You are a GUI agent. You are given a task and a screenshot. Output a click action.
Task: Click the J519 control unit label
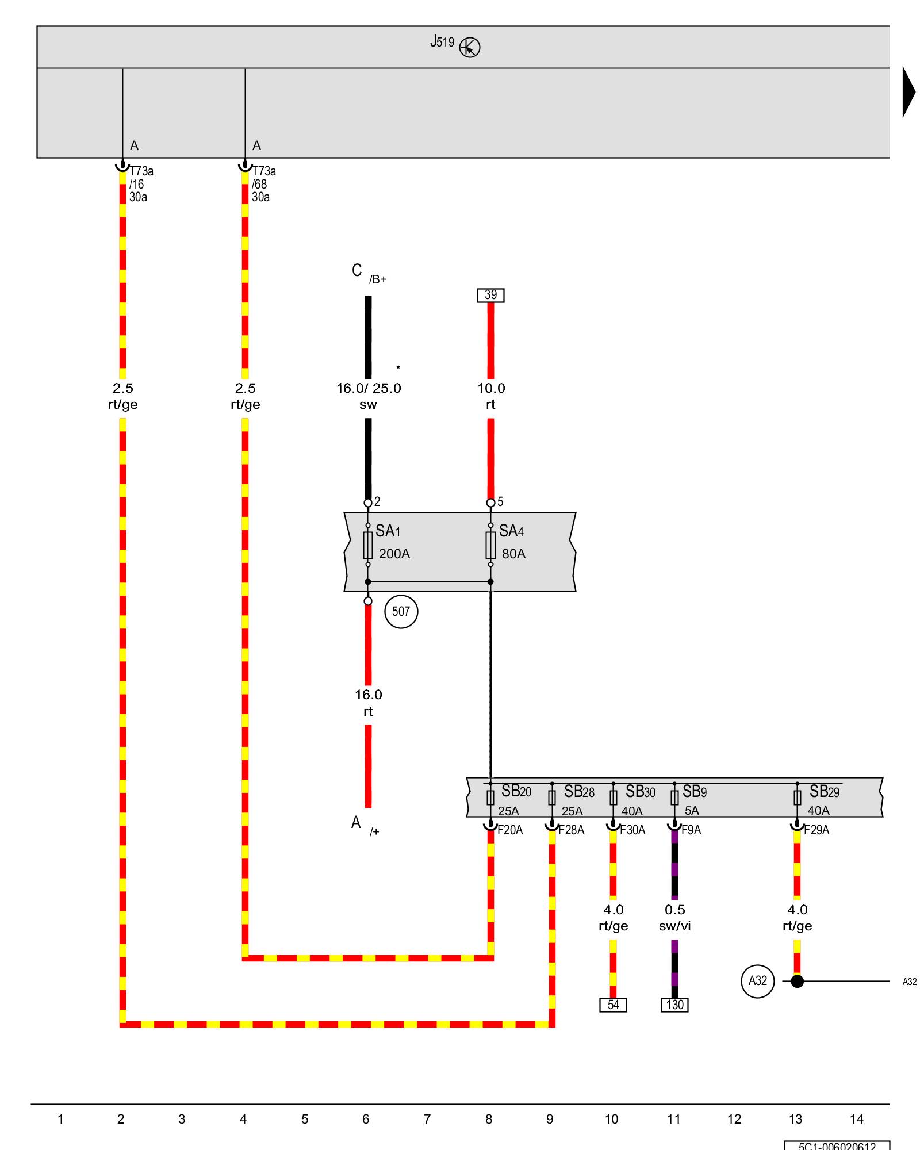coord(442,42)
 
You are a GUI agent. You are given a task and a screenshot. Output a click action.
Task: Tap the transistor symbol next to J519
coord(470,48)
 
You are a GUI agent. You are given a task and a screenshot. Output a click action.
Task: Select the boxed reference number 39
coord(490,295)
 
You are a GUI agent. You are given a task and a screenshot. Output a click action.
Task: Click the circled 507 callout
coord(401,611)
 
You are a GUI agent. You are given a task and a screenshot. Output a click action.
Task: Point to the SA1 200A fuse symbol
coord(368,545)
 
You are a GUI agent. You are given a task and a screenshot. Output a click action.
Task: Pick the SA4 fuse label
coord(511,531)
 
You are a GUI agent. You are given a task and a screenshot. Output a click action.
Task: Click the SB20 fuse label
coord(516,791)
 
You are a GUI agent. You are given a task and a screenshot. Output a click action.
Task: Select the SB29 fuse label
coord(824,792)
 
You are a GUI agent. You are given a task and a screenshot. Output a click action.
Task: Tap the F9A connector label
coord(691,830)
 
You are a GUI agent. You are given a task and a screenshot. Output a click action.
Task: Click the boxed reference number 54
coord(613,1005)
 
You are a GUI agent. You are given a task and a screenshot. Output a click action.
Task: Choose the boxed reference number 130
coord(674,1005)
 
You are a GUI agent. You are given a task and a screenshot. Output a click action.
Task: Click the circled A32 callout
coord(757,981)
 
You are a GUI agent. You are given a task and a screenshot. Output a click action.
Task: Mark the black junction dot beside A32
coord(797,981)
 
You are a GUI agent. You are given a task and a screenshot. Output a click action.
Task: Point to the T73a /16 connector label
coord(140,184)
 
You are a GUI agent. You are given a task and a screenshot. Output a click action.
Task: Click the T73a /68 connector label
coord(263,184)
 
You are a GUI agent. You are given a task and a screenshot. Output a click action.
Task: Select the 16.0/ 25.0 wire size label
coord(369,388)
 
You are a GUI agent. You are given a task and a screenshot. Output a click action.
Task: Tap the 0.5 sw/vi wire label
coord(675,918)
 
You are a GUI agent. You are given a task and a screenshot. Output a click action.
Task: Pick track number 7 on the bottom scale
coord(427,1119)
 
